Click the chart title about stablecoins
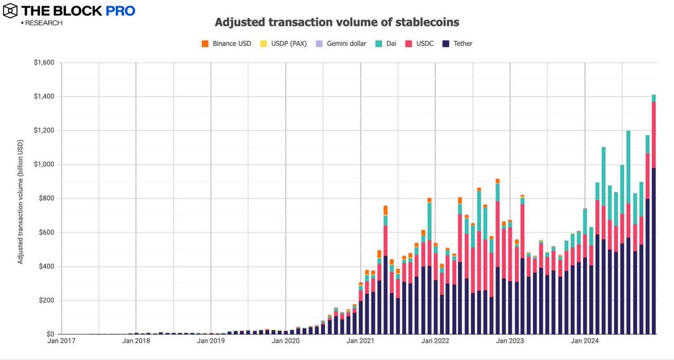pyautogui.click(x=337, y=23)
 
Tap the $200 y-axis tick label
pyautogui.click(x=45, y=300)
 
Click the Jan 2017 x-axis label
pyautogui.click(x=61, y=341)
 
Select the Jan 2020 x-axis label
pyautogui.click(x=285, y=341)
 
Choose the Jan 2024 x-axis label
pyautogui.click(x=584, y=341)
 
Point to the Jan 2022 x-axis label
pyautogui.click(x=435, y=341)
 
